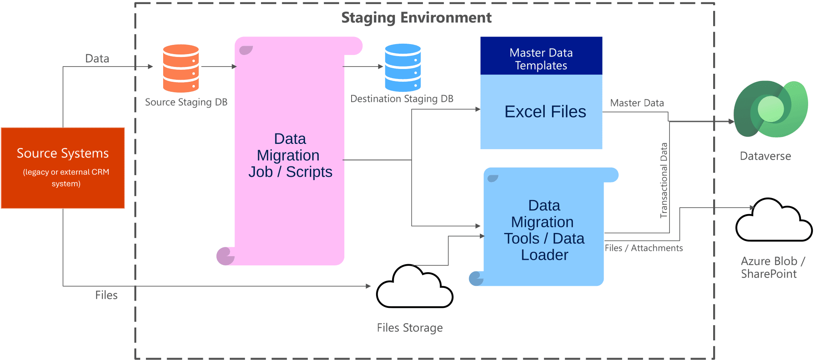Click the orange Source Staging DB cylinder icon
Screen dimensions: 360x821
(x=181, y=68)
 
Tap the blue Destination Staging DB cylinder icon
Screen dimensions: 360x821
(x=402, y=67)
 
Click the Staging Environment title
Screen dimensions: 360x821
(x=416, y=18)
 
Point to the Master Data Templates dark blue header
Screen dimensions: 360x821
(x=541, y=56)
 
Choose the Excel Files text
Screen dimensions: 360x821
(x=545, y=111)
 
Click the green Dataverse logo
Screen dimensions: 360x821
(x=770, y=109)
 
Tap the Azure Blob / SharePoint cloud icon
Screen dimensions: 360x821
(x=773, y=221)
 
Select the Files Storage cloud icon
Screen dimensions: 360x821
(x=414, y=288)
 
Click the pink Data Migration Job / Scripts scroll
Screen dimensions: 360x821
(x=289, y=155)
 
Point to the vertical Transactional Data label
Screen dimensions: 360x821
(x=664, y=180)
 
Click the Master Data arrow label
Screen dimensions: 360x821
(x=637, y=103)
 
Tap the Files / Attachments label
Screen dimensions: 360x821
(x=643, y=248)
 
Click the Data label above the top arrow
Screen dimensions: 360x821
(x=97, y=59)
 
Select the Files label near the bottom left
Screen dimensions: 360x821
(x=106, y=295)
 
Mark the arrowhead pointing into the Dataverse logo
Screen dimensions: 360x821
(x=731, y=121)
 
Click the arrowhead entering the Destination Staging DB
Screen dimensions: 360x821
(x=380, y=67)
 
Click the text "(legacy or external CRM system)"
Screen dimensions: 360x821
(x=66, y=178)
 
